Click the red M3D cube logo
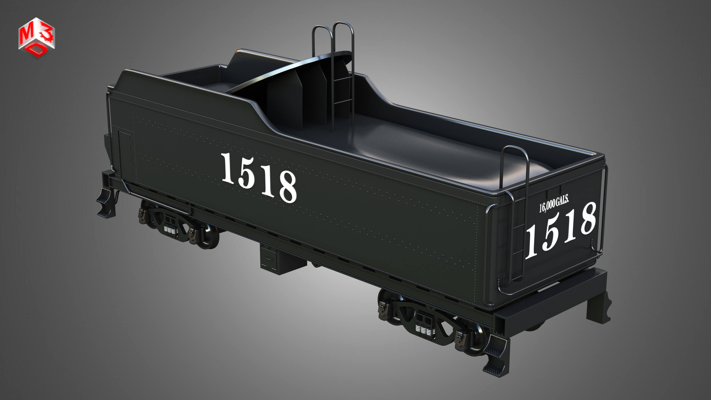(37, 38)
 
